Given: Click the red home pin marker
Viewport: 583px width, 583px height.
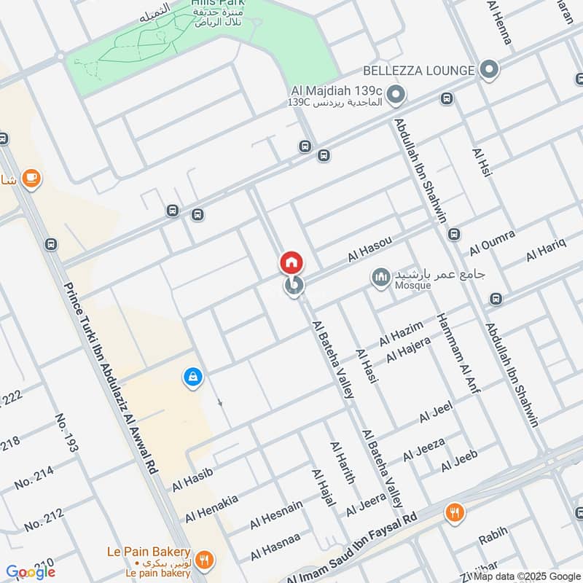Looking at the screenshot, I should (291, 262).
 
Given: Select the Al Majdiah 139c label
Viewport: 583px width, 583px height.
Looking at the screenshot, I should (337, 90).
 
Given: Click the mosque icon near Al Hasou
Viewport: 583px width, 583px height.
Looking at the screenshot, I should (380, 277).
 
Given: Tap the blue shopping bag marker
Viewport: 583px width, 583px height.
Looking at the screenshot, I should (192, 377).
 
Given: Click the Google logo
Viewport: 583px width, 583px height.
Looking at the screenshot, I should (31, 572).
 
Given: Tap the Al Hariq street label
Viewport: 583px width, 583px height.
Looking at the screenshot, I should (546, 249).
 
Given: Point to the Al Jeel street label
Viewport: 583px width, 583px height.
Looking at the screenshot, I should (437, 412).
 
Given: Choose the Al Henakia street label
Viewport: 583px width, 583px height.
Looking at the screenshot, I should (211, 509).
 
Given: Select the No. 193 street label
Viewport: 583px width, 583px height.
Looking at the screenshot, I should (66, 433).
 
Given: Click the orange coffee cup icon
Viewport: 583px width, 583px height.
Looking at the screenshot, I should (31, 177).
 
